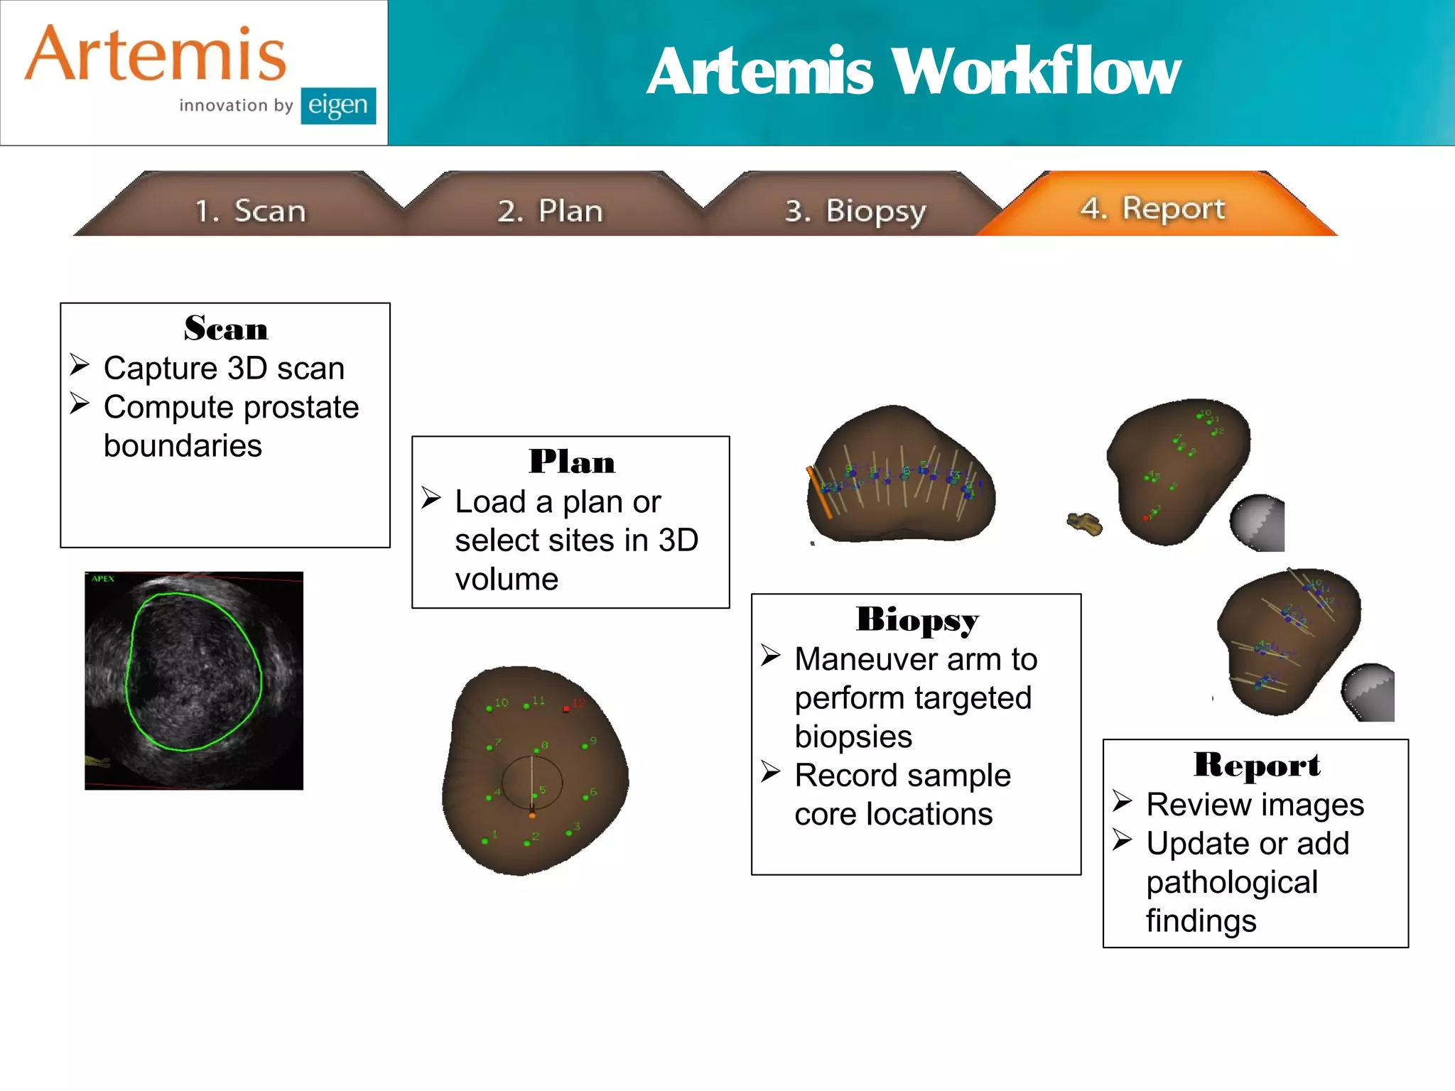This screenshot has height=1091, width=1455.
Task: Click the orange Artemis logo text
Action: tap(155, 55)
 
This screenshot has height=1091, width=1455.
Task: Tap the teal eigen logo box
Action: tap(337, 106)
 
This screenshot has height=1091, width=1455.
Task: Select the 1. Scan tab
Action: tap(249, 211)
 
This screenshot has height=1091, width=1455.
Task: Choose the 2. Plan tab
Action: tap(550, 211)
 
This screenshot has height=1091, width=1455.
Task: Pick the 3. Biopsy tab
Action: tap(855, 211)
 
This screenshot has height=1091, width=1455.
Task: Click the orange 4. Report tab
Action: tap(1152, 208)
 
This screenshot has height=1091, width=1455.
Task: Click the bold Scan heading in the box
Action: tap(225, 329)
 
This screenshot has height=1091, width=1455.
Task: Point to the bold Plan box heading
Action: tap(571, 462)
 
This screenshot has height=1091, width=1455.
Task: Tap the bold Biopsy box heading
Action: tap(916, 619)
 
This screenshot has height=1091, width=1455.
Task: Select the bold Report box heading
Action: tap(1256, 765)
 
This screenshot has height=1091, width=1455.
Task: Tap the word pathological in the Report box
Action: tap(1232, 883)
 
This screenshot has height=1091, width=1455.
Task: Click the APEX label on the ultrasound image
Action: tap(103, 579)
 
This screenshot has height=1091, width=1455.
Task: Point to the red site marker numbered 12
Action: tap(567, 708)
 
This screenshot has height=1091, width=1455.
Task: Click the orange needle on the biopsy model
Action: tap(818, 492)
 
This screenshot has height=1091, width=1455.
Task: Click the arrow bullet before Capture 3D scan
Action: tap(80, 366)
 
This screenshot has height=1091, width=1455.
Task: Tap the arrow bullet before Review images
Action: tap(1122, 801)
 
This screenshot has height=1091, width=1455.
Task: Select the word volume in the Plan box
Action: tap(507, 580)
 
